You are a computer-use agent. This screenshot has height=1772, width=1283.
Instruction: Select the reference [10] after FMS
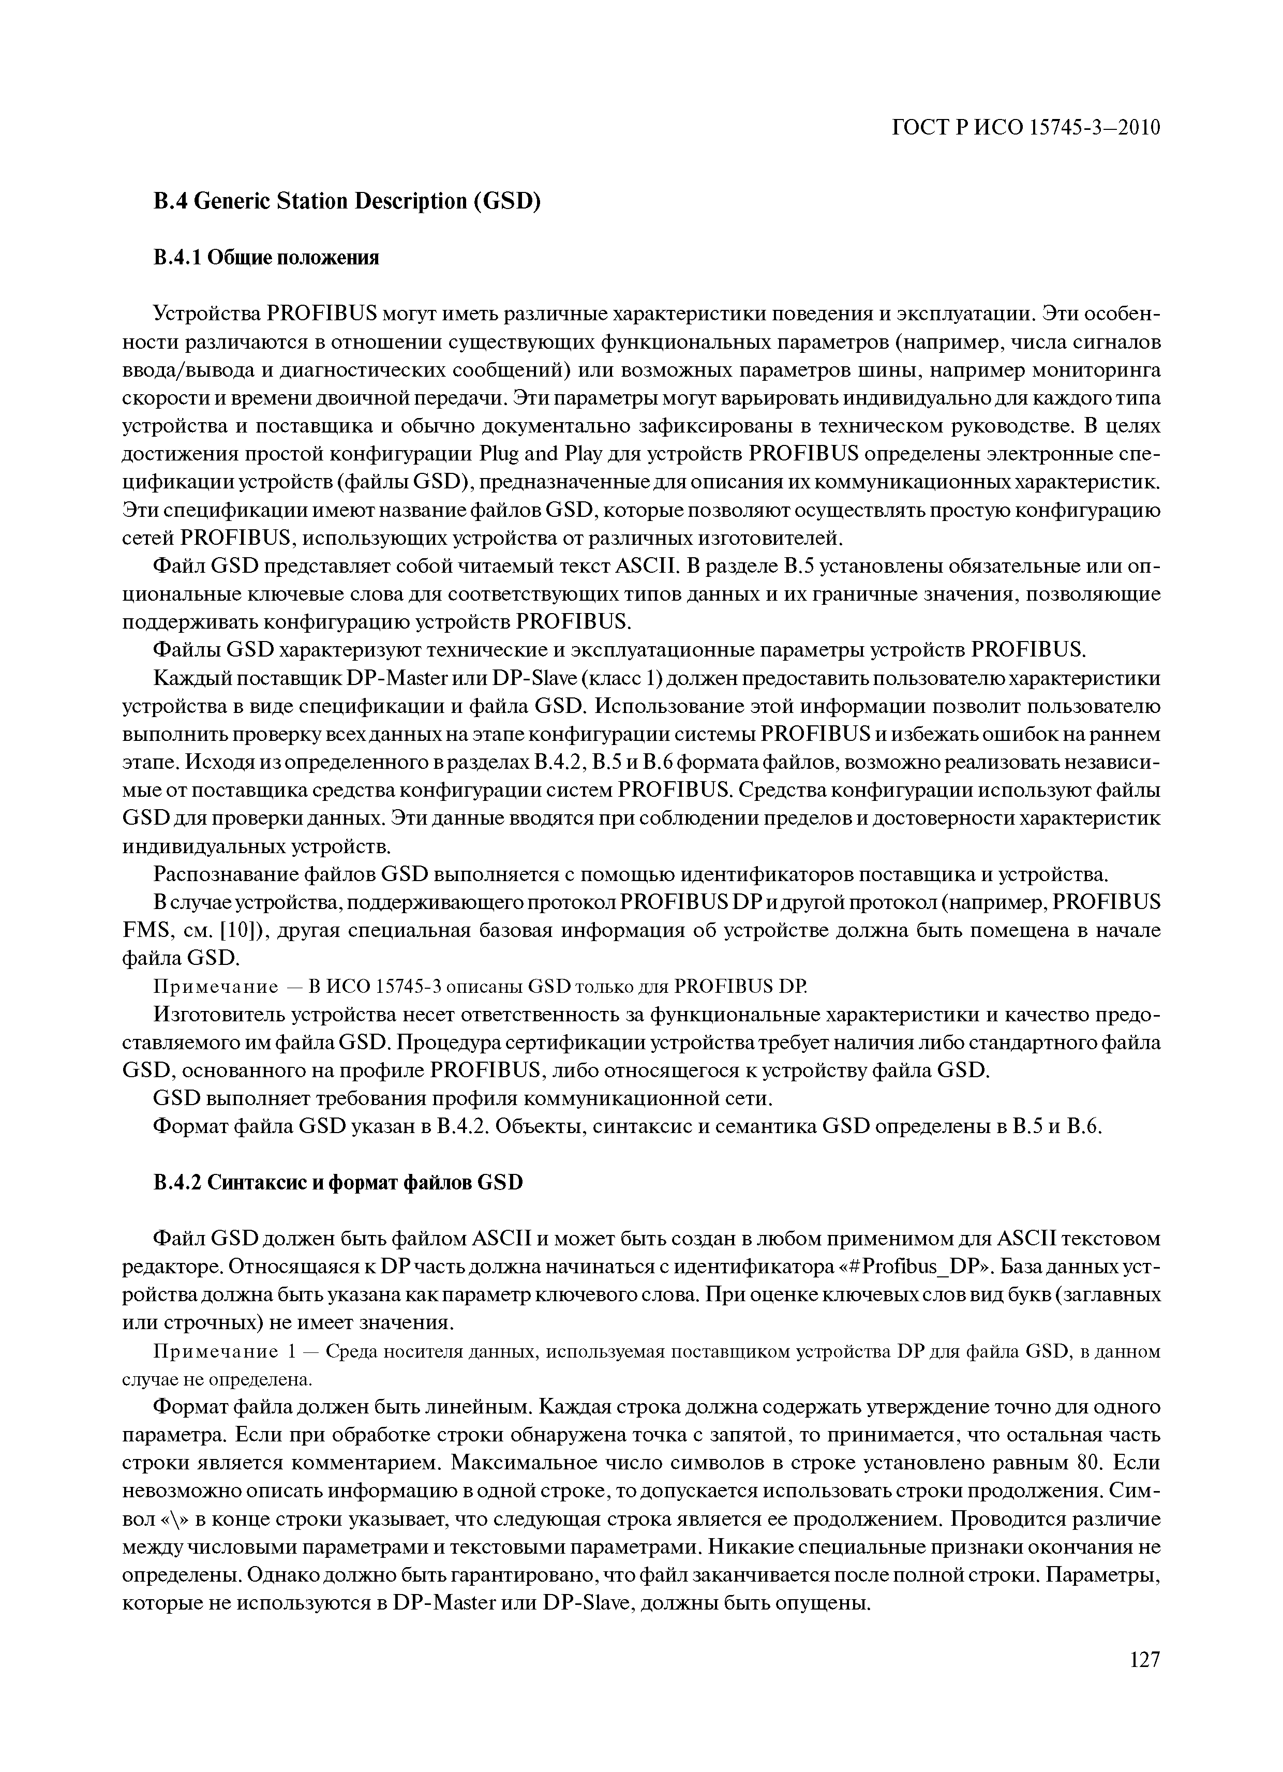pyautogui.click(x=242, y=931)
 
